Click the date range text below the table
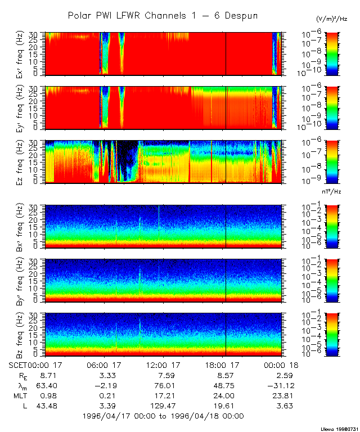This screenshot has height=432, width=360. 163,416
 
